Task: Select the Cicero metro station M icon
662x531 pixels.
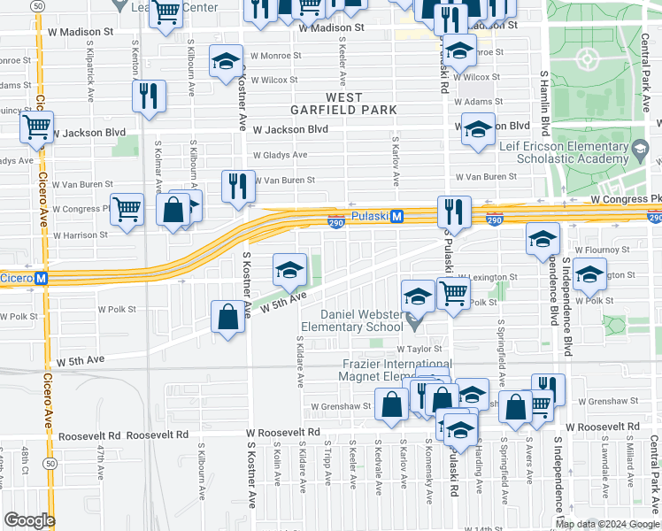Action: point(41,278)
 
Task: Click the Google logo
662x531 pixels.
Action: point(29,520)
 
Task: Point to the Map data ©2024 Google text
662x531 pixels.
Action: point(607,524)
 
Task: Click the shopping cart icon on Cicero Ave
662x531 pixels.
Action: point(36,127)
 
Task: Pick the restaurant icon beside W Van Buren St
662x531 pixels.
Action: point(237,186)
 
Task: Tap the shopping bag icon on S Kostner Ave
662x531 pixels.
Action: point(227,317)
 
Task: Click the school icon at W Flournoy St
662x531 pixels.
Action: point(543,238)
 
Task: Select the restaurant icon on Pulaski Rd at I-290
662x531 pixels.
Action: point(453,212)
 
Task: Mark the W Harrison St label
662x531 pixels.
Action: point(80,235)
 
